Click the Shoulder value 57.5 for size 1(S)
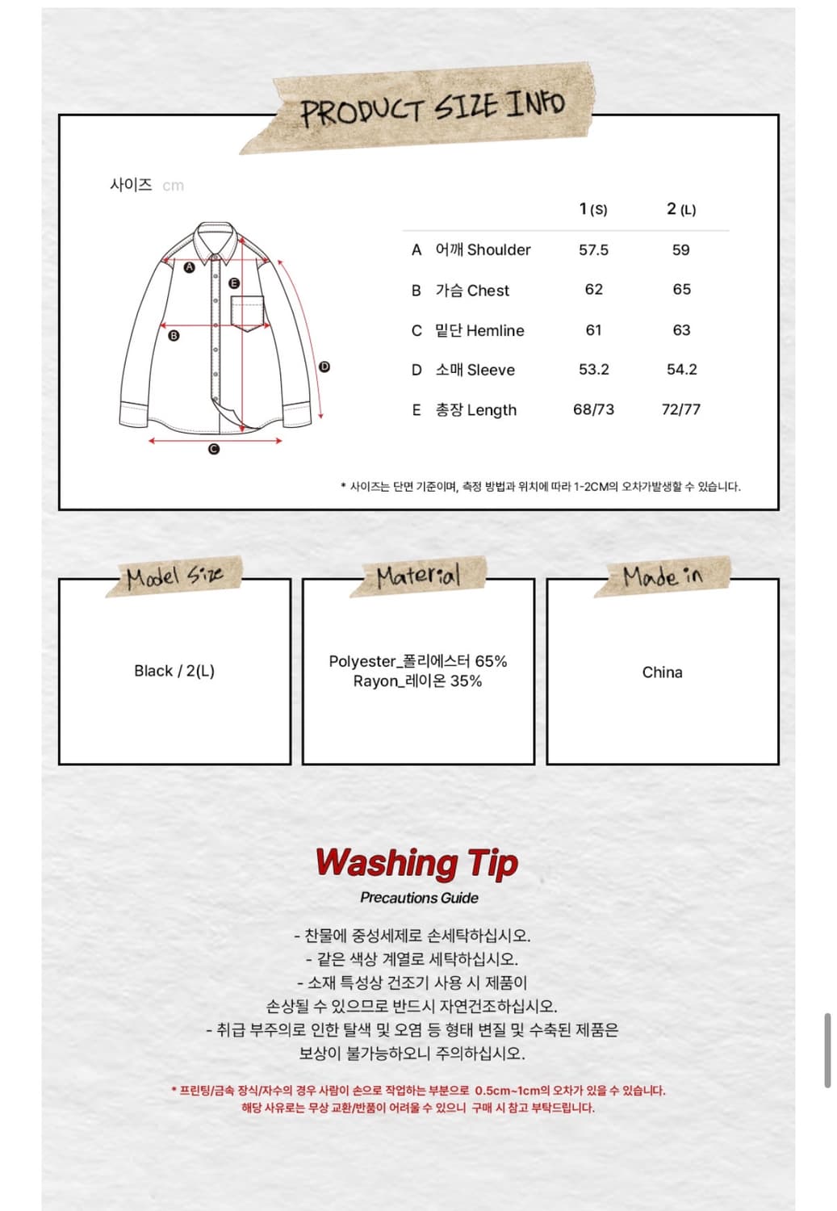593,250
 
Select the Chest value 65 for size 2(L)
681,289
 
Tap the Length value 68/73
593,409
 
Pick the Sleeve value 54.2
681,369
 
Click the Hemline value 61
593,330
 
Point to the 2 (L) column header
680,209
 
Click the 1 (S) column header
593,209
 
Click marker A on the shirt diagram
190,267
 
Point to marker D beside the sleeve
324,367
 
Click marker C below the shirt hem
214,449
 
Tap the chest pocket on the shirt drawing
248,313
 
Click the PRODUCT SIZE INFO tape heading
432,107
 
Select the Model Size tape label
174,576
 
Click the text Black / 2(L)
174,671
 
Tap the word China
662,673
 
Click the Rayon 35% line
417,681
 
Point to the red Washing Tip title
416,862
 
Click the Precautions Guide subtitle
419,898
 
